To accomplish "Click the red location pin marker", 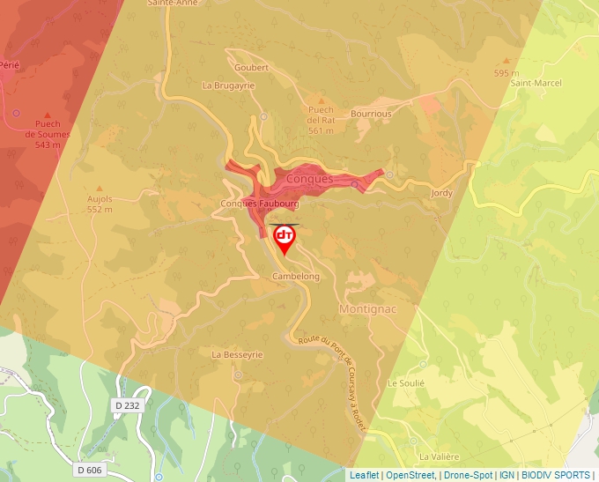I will pyautogui.click(x=285, y=238).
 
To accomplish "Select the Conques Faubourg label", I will pyautogui.click(x=259, y=204).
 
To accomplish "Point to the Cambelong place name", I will pyautogui.click(x=295, y=276).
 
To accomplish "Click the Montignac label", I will pyautogui.click(x=369, y=309).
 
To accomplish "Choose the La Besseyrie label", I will pyautogui.click(x=238, y=354).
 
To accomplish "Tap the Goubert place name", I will pyautogui.click(x=250, y=67).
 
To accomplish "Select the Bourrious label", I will pyautogui.click(x=371, y=114).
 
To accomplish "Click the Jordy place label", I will pyautogui.click(x=441, y=192).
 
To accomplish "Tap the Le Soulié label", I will pyautogui.click(x=406, y=383).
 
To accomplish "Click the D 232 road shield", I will pyautogui.click(x=128, y=404).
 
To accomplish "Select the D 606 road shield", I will pyautogui.click(x=90, y=470).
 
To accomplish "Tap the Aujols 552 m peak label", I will pyautogui.click(x=100, y=204).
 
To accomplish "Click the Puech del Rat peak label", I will pyautogui.click(x=321, y=120).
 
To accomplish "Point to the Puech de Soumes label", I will pyautogui.click(x=48, y=134).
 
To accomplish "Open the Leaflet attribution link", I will pyautogui.click(x=364, y=475).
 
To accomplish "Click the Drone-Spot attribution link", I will pyautogui.click(x=468, y=475).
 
